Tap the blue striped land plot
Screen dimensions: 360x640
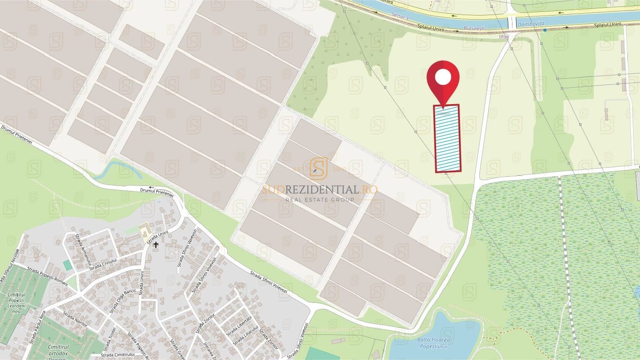[x=447, y=138]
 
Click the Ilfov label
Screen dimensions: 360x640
[x=504, y=36]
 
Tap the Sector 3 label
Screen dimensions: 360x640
[x=400, y=19]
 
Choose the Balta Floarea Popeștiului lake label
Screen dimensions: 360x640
[x=433, y=343]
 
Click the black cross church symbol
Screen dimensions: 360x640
[x=156, y=245]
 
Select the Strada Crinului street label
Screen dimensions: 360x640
[x=103, y=264]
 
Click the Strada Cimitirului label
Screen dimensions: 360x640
[x=118, y=355]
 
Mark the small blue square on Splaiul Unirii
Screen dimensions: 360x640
[x=545, y=30]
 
